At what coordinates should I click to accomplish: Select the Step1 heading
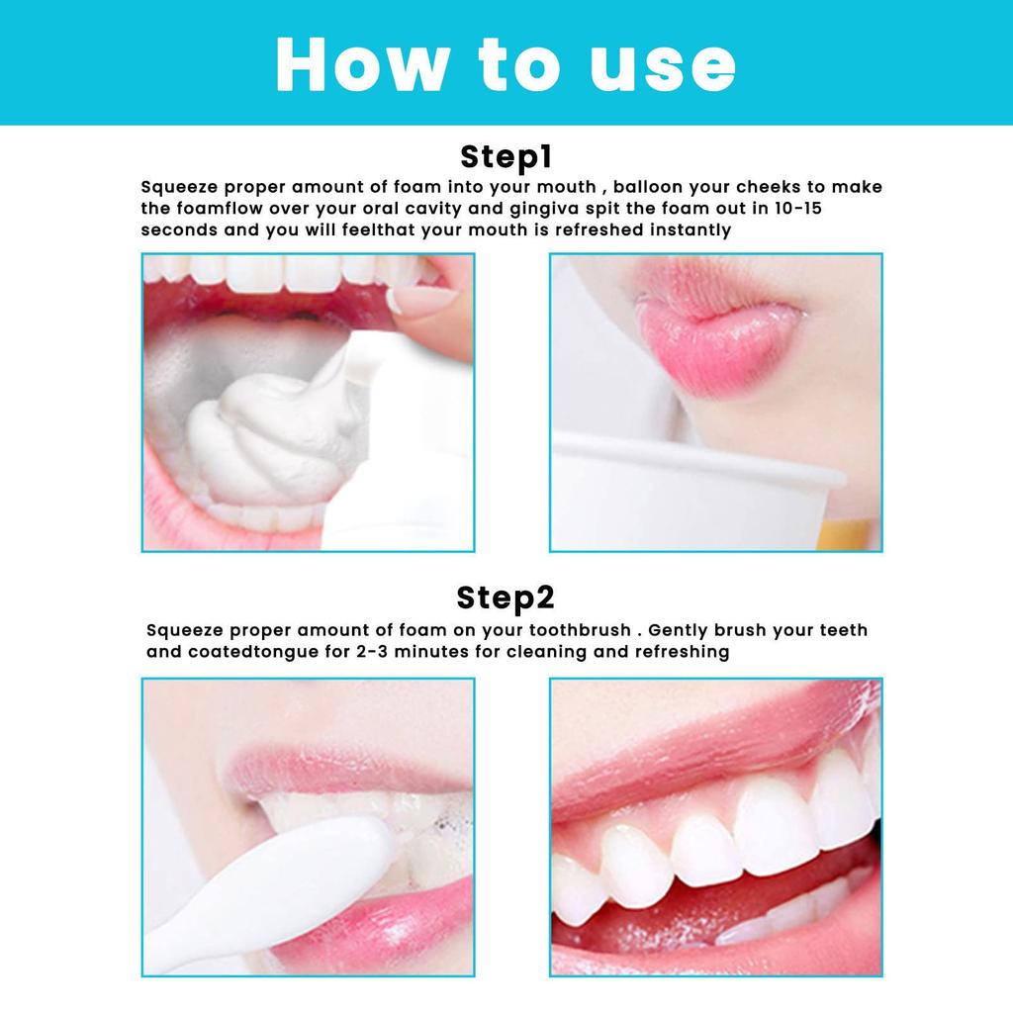tap(506, 157)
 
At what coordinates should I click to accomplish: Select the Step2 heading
tap(506, 598)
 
